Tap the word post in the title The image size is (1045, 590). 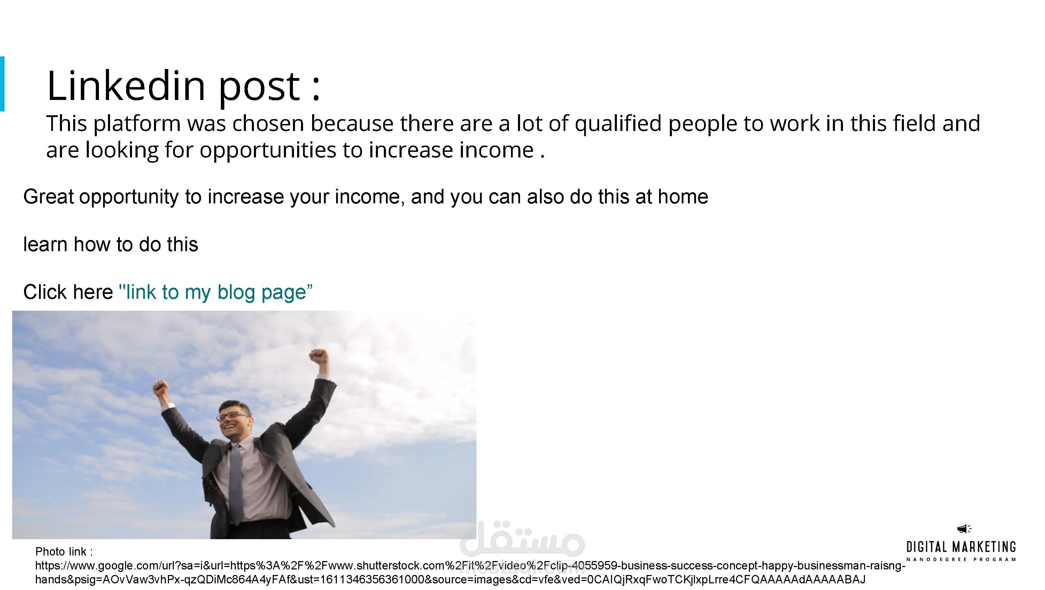pyautogui.click(x=259, y=89)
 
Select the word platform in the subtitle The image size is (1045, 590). pyautogui.click(x=137, y=124)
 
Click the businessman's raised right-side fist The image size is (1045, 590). pyautogui.click(x=318, y=356)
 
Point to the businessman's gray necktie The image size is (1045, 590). pyautogui.click(x=236, y=479)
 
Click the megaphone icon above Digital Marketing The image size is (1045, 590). pyautogui.click(x=964, y=528)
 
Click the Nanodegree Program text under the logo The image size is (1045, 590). pyautogui.click(x=961, y=560)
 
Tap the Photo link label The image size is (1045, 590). pyautogui.click(x=64, y=552)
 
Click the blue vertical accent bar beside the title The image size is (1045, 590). pyautogui.click(x=2, y=84)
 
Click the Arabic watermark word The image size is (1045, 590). pyautogui.click(x=522, y=539)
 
